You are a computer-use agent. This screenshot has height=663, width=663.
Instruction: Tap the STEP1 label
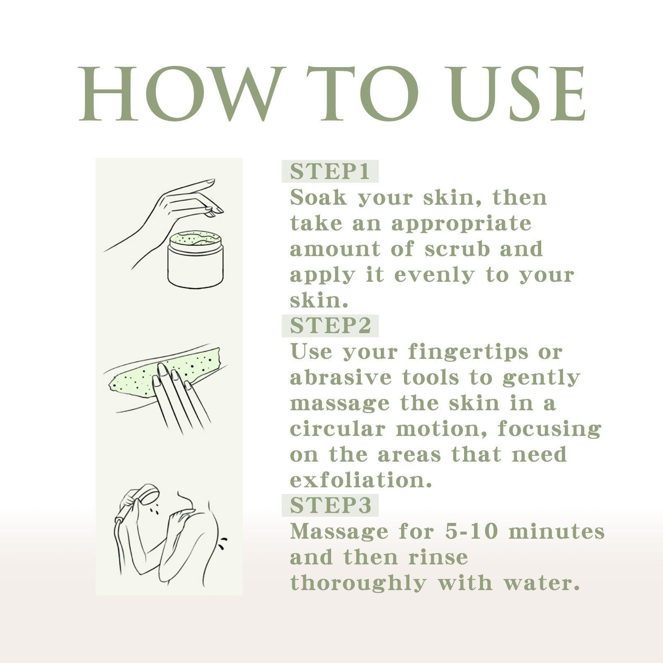(330, 172)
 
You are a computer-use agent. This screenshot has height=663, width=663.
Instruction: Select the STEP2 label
(330, 326)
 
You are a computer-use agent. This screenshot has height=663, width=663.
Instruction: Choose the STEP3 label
(330, 505)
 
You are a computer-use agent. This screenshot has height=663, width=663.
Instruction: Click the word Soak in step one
(318, 198)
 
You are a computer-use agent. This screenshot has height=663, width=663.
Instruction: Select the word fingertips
(469, 352)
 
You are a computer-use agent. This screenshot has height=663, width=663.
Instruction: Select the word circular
(337, 429)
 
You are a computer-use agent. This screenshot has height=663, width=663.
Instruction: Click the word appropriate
(461, 224)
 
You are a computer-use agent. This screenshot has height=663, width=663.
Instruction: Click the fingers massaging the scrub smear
(178, 394)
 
